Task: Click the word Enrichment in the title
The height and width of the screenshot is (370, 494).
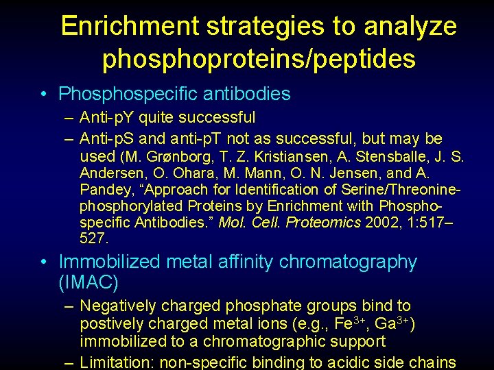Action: pos(129,26)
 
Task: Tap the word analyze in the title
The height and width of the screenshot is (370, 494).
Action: pos(410,26)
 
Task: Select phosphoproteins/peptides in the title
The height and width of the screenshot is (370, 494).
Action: pos(259,59)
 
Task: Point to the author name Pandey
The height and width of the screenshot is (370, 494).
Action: pos(103,189)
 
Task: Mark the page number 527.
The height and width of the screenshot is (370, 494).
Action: pos(94,238)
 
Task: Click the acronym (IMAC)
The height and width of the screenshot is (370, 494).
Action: pos(89,282)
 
